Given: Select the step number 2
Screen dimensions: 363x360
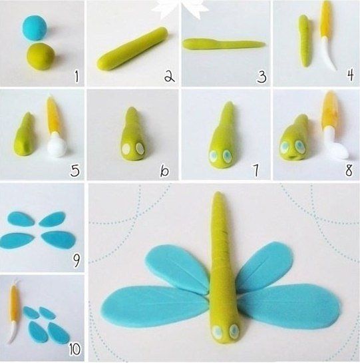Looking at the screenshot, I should pyautogui.click(x=169, y=77).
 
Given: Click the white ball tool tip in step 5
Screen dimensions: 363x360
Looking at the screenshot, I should pyautogui.click(x=57, y=147).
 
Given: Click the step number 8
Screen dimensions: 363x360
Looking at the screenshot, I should pyautogui.click(x=349, y=169).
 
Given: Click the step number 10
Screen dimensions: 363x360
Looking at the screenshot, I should pyautogui.click(x=75, y=348).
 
